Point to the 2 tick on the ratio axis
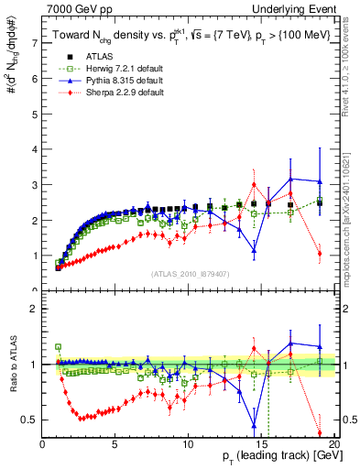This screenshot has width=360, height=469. [x=34, y=309]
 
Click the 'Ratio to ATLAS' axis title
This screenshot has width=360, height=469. [x=12, y=365]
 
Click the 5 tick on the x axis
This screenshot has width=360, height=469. [x=115, y=444]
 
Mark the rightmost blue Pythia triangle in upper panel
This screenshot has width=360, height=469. [x=320, y=182]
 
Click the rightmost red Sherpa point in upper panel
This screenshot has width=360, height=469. [x=320, y=254]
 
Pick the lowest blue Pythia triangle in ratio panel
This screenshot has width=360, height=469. [x=254, y=424]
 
